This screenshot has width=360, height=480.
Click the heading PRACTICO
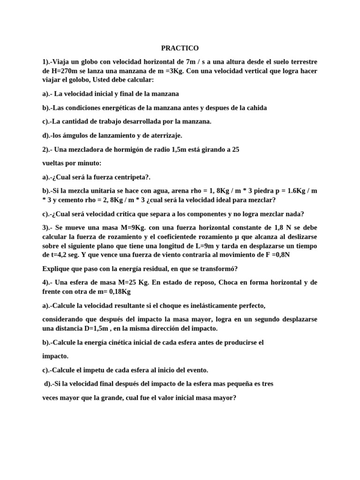pyautogui.click(x=180, y=48)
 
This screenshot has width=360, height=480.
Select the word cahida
pyautogui.click(x=256, y=107)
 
